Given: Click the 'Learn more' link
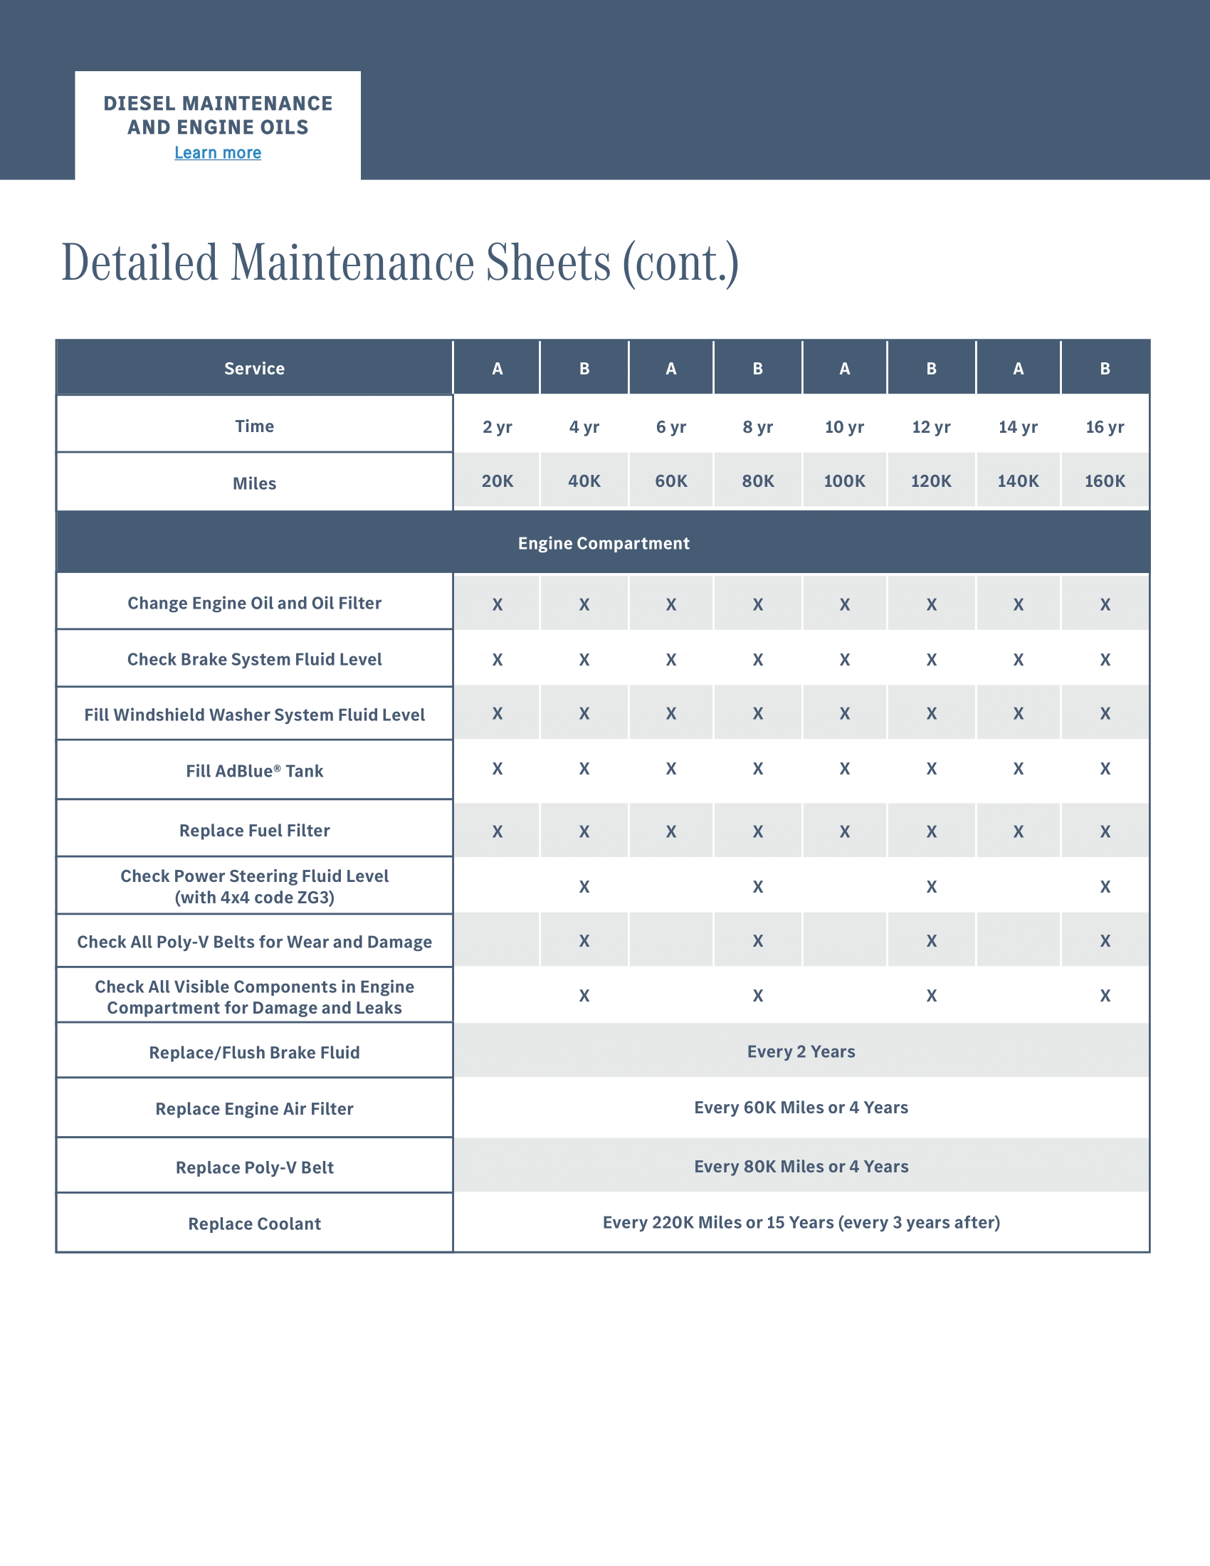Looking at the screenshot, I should coord(218,153).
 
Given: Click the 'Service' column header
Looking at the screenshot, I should coord(255,369).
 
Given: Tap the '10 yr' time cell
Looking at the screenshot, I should coord(844,427).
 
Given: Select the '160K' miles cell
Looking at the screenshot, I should coord(1105,481).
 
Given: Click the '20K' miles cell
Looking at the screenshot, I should coord(498,481).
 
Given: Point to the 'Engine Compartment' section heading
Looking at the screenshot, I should coord(604,544).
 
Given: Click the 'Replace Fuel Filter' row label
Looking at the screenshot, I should coord(255,830).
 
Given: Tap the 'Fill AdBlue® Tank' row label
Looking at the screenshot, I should coord(255,771).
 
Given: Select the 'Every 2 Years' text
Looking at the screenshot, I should coord(801,1052).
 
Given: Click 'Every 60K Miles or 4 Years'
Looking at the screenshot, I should coord(801,1108).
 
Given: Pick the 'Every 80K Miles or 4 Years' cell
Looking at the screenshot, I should coord(801,1167).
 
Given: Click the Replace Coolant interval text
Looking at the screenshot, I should coord(801,1222).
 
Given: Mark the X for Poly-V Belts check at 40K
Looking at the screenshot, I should coord(584,941).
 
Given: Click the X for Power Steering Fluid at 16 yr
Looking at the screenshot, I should coord(1105,887).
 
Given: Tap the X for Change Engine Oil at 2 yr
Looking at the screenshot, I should coord(498,604).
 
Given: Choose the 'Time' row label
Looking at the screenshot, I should coord(255,426).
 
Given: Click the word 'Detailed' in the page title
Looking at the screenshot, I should coord(140,263).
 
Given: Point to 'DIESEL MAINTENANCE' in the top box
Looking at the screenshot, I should coord(218,104).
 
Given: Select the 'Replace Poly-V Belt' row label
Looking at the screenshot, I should coord(255,1167).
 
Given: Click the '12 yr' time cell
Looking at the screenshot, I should coord(931,427).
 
